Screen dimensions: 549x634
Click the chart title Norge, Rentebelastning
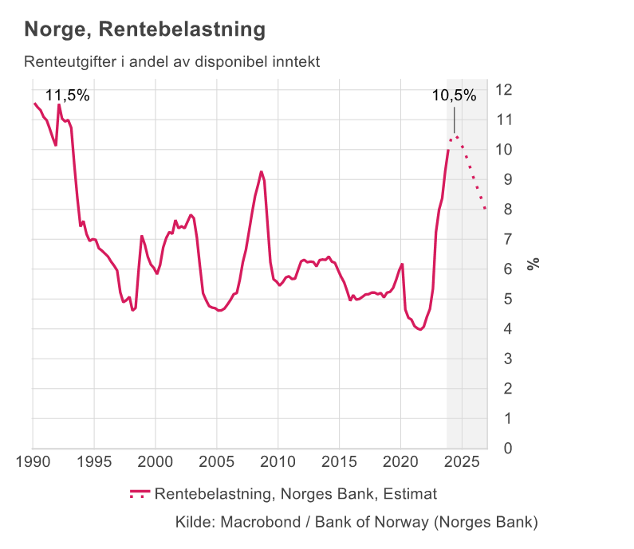(x=144, y=30)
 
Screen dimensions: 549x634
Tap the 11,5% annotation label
(x=67, y=96)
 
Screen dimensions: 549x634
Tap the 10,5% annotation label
(x=454, y=96)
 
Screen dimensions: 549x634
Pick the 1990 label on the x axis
(x=33, y=463)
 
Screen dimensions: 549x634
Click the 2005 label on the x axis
(x=217, y=463)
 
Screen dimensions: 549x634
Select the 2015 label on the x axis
(x=340, y=463)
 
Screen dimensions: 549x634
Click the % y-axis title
(x=534, y=263)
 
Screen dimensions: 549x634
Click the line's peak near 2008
(x=261, y=171)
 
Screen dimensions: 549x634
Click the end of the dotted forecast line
(x=485, y=209)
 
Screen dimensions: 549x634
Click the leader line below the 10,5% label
(x=454, y=121)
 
